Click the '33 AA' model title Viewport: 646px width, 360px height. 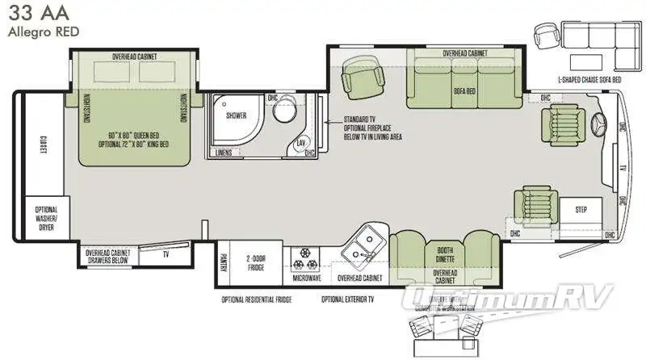pyautogui.click(x=39, y=14)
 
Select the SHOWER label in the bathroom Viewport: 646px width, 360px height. pyautogui.click(x=236, y=115)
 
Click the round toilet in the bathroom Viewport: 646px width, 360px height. pyautogui.click(x=284, y=113)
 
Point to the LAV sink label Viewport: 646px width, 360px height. pyautogui.click(x=300, y=142)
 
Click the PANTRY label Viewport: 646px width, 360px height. pyautogui.click(x=223, y=263)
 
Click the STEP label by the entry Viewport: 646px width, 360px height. pyautogui.click(x=582, y=210)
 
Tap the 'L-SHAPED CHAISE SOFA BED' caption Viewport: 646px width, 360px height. pyautogui.click(x=589, y=81)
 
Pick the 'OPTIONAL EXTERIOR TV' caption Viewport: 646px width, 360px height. pyautogui.click(x=350, y=299)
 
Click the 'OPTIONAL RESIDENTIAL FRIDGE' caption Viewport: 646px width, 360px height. pyautogui.click(x=257, y=299)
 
